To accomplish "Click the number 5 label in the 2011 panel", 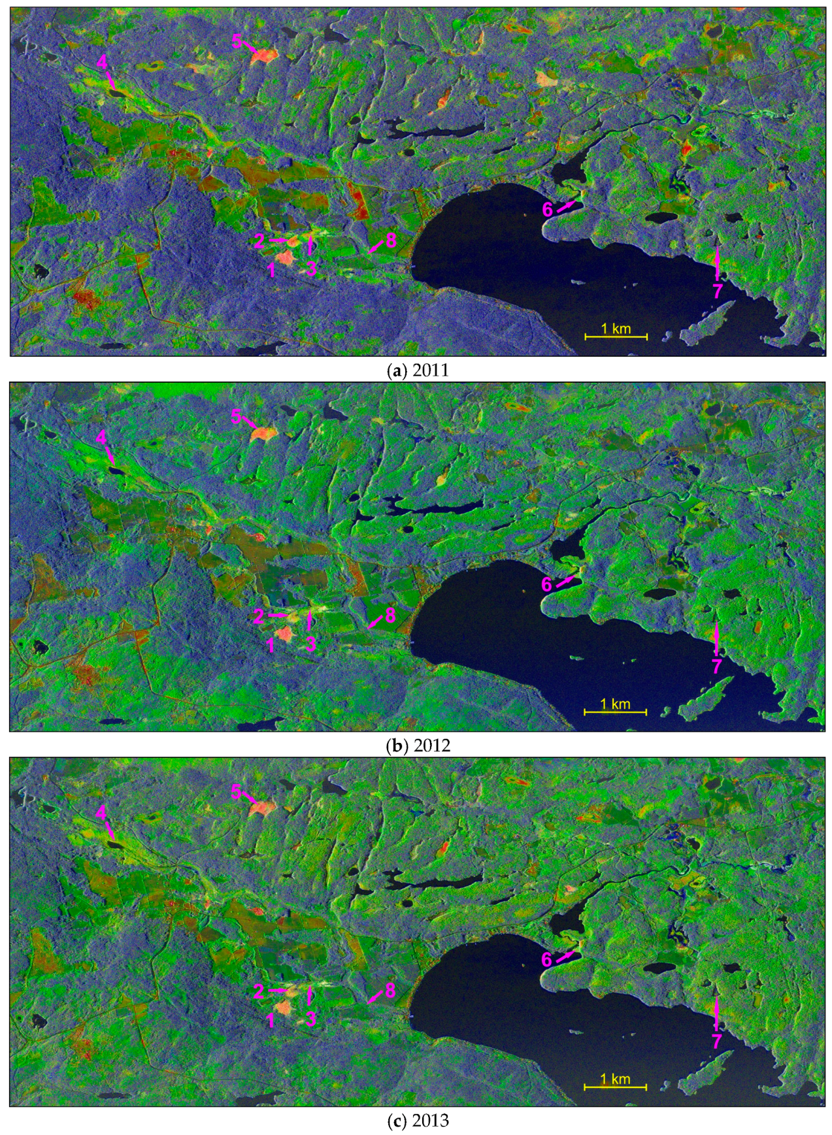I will (236, 41).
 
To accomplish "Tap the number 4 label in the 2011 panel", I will (101, 62).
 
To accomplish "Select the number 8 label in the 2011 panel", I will (391, 240).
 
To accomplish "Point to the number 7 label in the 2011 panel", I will (717, 290).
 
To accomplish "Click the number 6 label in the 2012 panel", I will (546, 584).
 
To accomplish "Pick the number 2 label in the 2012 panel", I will (259, 616).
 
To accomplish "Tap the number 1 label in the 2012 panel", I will (271, 645).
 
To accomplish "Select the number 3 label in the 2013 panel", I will (310, 1019).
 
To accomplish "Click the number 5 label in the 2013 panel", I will (236, 791).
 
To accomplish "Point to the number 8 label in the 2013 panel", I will (390, 990).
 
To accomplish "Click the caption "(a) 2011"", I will (418, 370).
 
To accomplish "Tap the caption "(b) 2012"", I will (418, 746).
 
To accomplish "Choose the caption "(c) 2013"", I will (418, 1121).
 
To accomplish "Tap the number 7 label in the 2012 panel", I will (717, 666).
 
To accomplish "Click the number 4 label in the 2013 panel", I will (101, 812).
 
